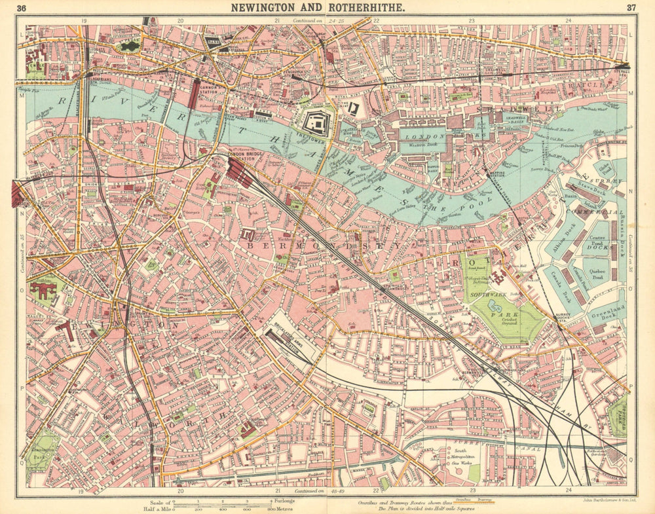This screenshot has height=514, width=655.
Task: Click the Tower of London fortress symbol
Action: pyautogui.click(x=317, y=122)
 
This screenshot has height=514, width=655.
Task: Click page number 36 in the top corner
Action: pyautogui.click(x=22, y=8)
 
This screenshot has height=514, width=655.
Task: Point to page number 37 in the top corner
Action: pyautogui.click(x=631, y=8)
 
